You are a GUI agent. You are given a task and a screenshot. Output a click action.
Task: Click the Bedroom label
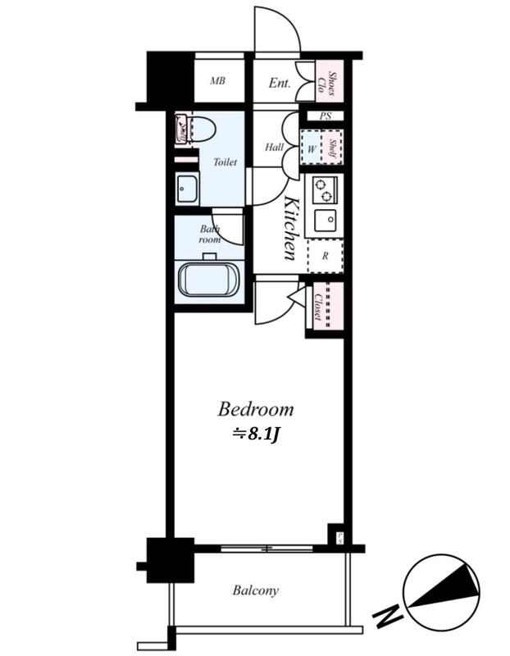pos(256,409)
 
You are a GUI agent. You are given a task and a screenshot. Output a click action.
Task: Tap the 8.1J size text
pos(256,435)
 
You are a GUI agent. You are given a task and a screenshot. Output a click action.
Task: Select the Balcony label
pos(256,590)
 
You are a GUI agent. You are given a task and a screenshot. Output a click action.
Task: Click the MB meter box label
pos(217,80)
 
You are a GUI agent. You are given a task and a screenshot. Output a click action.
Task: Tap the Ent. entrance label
pos(280,83)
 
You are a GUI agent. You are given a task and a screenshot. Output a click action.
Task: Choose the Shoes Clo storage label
pos(329,84)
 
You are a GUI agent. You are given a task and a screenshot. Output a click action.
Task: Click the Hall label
pos(275,147)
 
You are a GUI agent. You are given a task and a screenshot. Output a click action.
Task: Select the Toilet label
pos(225,162)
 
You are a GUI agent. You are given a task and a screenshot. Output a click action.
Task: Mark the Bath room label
pos(210,235)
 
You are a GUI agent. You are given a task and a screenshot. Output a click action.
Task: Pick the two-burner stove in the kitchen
pos(325,190)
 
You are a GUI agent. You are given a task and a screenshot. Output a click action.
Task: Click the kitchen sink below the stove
pos(326,220)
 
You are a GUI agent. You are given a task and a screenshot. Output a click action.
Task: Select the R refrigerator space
pos(326,256)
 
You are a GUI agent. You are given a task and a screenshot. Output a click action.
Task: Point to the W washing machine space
pos(312,148)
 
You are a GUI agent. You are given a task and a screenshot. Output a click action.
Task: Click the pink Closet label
pos(318,307)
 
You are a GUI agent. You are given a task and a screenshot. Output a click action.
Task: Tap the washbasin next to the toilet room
pos(187,189)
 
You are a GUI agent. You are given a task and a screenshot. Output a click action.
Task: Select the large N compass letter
pos(388,615)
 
